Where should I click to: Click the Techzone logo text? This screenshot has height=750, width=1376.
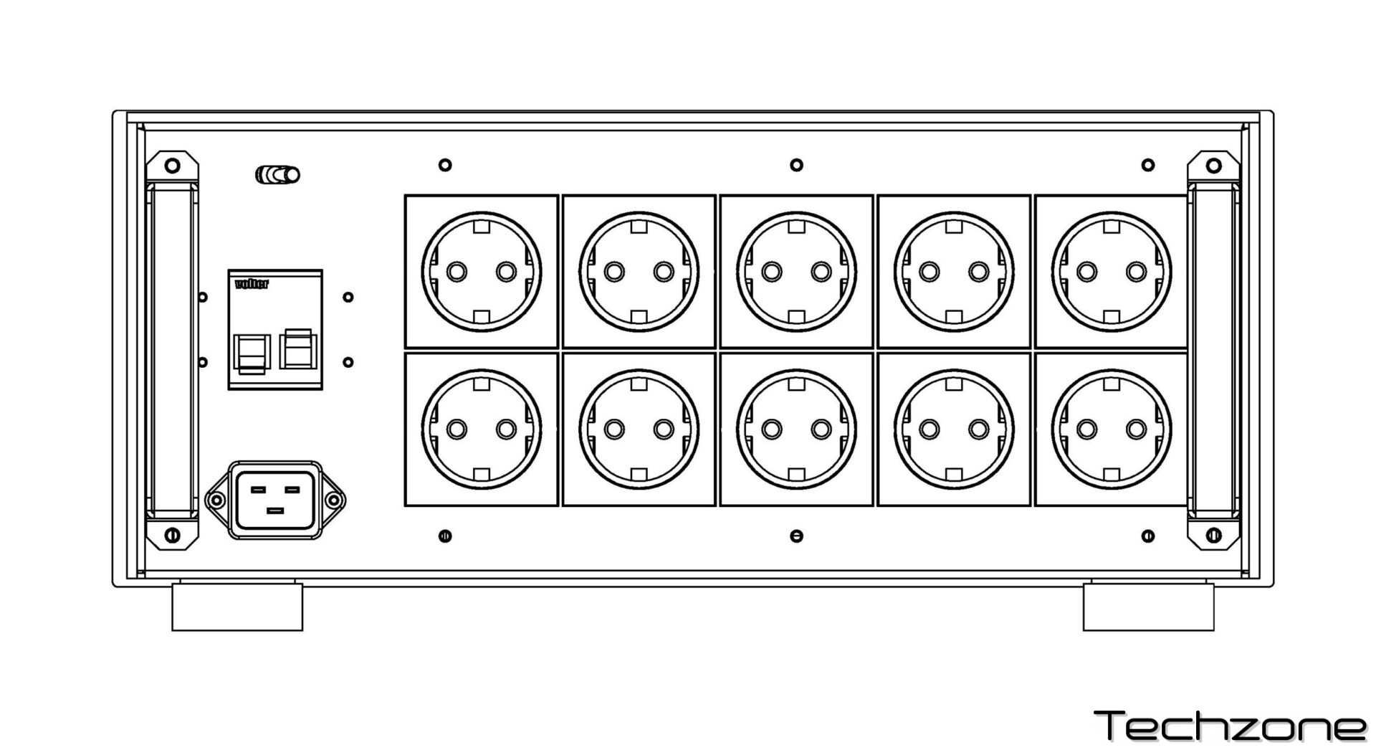[1230, 726]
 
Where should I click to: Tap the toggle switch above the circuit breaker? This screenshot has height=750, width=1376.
[278, 174]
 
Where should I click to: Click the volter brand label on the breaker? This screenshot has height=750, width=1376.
[252, 284]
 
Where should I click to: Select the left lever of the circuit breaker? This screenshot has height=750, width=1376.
[251, 353]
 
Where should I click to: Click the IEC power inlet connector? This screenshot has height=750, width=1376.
[275, 500]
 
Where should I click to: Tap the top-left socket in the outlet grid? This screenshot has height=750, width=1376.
[482, 272]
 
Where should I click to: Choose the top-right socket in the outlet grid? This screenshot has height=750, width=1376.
[1112, 272]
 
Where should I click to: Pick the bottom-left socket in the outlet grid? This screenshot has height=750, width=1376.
[482, 429]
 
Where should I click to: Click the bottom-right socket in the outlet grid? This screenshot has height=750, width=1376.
[1112, 429]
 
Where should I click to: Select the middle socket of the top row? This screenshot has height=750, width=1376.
[796, 272]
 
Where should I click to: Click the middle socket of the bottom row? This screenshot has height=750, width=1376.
[796, 429]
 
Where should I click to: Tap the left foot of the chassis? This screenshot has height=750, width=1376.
[237, 607]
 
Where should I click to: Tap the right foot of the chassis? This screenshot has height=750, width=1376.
[1148, 607]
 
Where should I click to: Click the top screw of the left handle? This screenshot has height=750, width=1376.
[172, 166]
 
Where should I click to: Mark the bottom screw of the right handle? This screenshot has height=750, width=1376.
[1213, 535]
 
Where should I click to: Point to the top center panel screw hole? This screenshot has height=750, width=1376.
[796, 165]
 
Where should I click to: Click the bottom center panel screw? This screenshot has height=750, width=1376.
[796, 536]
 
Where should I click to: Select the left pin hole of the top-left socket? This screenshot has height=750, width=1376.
[457, 272]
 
